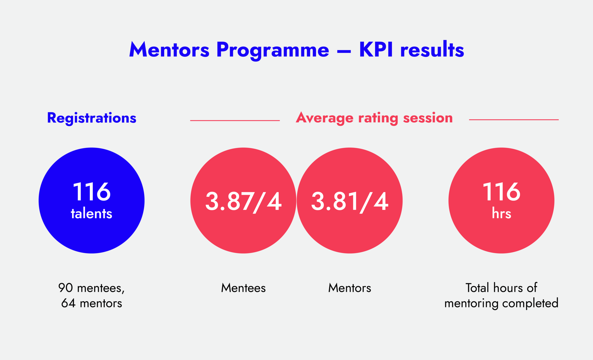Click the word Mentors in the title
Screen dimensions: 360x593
coord(169,50)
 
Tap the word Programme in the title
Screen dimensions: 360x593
coord(273,50)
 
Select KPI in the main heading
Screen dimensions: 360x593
coord(376,50)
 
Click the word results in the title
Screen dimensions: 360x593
coord(432,50)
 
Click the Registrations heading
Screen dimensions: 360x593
coord(92,118)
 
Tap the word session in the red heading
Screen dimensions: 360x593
coord(428,118)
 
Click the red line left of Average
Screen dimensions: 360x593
coord(235,120)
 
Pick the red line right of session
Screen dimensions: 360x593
coord(514,119)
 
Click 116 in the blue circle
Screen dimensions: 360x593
coord(91,192)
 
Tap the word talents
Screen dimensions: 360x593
coord(91,214)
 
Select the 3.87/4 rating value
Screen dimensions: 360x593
coord(243,202)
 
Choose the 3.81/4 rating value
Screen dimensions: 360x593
coord(350,202)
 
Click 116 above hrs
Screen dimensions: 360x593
coord(501,192)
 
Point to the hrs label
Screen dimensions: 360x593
coord(501,214)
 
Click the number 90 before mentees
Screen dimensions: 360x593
coord(65,288)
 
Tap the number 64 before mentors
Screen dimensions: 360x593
coord(68,303)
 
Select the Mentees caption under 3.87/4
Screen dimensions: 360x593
coord(243,288)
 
